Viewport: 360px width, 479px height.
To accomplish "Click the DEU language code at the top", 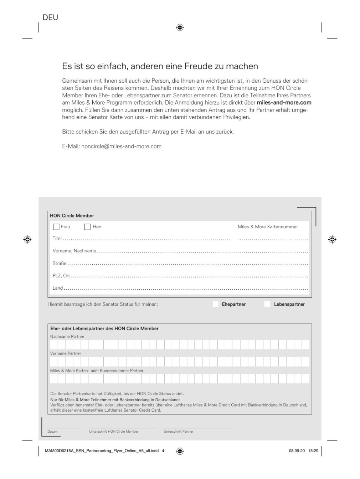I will [50, 17].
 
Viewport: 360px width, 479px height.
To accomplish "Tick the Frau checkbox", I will [56, 227].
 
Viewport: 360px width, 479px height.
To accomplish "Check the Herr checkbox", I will [87, 227].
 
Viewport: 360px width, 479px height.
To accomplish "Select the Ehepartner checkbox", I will [216, 304].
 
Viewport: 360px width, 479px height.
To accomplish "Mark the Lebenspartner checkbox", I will [267, 304].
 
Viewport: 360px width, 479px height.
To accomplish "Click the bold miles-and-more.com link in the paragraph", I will [284, 103].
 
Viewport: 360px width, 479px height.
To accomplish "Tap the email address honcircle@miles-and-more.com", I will [121, 146].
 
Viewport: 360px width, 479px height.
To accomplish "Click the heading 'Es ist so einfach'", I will [160, 66].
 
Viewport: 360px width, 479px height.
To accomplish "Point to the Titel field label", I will [57, 238].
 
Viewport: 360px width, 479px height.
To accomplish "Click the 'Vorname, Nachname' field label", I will [74, 251].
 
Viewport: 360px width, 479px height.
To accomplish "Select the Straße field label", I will [60, 263].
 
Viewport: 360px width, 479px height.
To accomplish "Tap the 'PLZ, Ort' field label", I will [61, 276].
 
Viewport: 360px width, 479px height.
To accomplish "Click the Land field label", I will [58, 288].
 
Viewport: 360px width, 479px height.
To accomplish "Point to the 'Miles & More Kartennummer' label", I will [268, 227].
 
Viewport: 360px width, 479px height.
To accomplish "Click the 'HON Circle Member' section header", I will [72, 216].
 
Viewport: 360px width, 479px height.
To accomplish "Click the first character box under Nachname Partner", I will [54, 345].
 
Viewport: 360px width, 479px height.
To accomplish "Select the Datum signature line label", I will [52, 432].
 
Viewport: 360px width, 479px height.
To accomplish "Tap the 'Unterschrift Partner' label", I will [179, 432].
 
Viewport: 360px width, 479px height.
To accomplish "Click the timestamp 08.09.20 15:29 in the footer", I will [303, 451].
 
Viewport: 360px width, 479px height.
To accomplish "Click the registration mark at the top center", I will [180, 27].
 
